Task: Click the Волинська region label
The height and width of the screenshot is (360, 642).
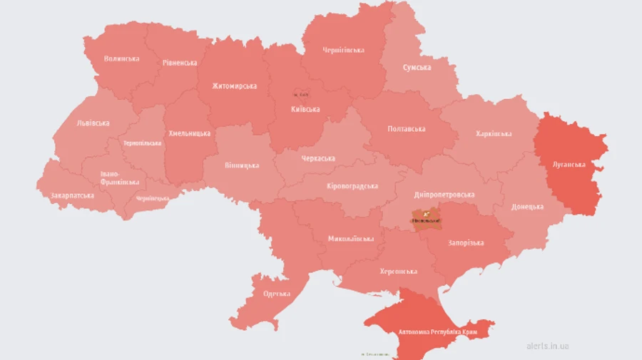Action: point(121,58)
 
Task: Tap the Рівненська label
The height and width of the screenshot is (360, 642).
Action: point(179,63)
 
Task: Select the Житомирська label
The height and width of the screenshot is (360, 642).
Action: point(234,86)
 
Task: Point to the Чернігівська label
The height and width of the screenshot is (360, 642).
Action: point(343,50)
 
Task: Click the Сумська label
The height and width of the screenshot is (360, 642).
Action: point(417,67)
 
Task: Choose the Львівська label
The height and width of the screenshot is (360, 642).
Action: point(93,123)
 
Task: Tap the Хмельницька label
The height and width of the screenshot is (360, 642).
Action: point(189,133)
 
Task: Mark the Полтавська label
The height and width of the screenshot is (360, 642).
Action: point(406,129)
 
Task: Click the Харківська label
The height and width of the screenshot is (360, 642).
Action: point(494,134)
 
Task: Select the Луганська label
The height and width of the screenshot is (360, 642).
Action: point(569,164)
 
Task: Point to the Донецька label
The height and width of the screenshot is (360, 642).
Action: point(527,207)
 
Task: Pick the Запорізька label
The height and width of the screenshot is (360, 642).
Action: point(466,243)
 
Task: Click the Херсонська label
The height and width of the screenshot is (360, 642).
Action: point(398,272)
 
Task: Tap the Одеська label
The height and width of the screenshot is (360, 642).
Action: point(276,294)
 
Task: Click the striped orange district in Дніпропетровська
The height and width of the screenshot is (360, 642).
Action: point(427,217)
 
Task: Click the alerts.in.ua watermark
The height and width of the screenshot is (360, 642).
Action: point(547,346)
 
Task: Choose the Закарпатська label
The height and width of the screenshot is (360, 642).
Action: point(72,195)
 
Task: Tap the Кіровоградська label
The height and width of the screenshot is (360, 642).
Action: point(352,186)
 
